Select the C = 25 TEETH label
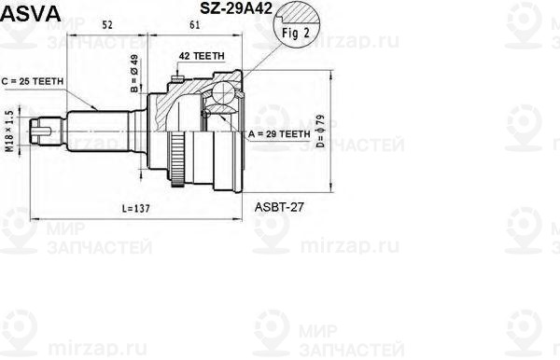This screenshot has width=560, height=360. tap(33, 82)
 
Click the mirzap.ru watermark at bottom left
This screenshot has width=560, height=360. tap(36, 350)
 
